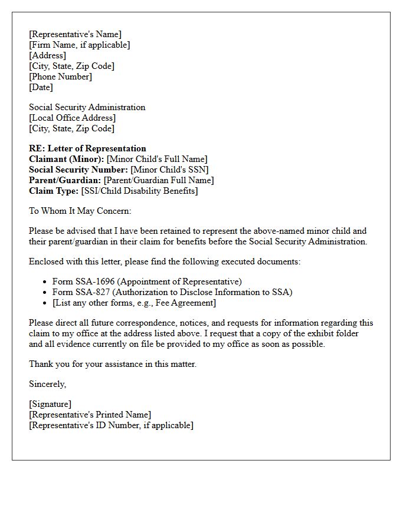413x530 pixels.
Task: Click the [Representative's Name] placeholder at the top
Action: pos(75,34)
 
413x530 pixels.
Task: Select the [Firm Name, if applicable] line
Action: pos(79,45)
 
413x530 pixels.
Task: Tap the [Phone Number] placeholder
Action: pos(60,77)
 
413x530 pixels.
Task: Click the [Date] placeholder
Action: pos(41,87)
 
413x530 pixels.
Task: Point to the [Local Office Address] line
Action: pos(72,118)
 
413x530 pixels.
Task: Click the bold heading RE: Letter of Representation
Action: pos(87,148)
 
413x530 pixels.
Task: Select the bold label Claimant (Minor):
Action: pos(66,159)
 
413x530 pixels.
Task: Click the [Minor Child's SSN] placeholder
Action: pos(169,170)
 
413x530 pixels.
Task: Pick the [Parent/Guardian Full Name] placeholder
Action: pos(159,180)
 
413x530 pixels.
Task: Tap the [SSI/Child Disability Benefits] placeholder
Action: pos(139,191)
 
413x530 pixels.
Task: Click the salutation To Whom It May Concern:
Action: pos(80,211)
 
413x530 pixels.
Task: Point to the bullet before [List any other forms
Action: pos(45,303)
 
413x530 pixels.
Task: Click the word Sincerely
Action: pos(47,384)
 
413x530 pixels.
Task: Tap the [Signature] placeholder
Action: pos(50,404)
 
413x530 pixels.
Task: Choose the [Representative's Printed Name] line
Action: pos(90,415)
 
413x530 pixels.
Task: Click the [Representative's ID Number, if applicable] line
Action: pos(111,425)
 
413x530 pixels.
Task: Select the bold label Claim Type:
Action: pos(54,191)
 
